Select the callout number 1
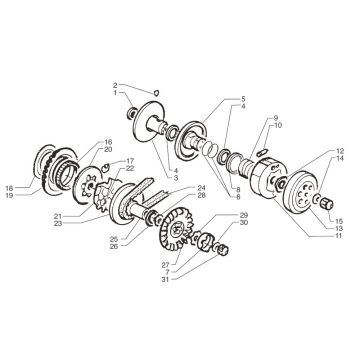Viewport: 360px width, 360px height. (116, 93)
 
